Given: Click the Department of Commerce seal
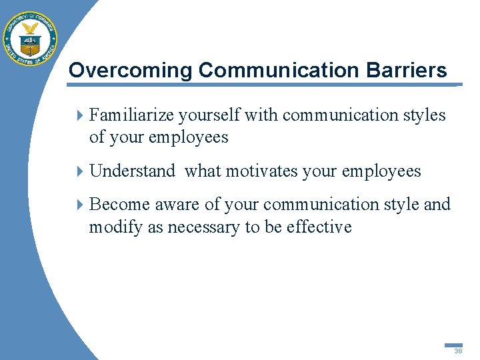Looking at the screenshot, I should pos(30,39).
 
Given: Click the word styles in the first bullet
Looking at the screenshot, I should pos(423,115).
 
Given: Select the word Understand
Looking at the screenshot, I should pos(132,171).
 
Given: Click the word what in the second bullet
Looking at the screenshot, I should pos(203,171).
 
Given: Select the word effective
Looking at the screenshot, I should pos(319,227).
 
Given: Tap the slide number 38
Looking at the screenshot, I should pos(458,351).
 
